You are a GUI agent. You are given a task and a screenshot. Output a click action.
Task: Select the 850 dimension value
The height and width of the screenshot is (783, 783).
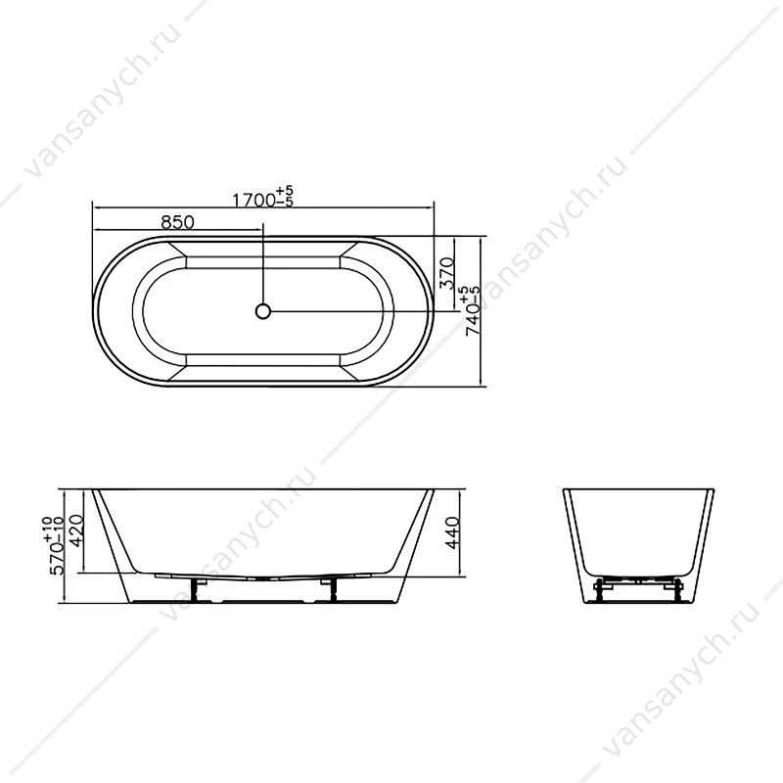click(x=177, y=222)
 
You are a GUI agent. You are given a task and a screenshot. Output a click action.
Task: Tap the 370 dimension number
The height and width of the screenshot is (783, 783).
click(x=446, y=273)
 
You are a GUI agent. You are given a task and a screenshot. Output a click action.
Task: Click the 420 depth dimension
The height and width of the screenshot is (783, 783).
click(x=77, y=531)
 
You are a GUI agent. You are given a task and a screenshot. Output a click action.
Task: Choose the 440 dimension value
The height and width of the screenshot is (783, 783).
click(x=452, y=532)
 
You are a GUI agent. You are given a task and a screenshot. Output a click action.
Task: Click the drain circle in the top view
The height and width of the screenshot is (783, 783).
click(x=262, y=311)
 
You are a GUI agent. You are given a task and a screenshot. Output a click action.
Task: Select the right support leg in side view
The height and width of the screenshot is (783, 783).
click(x=331, y=590)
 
